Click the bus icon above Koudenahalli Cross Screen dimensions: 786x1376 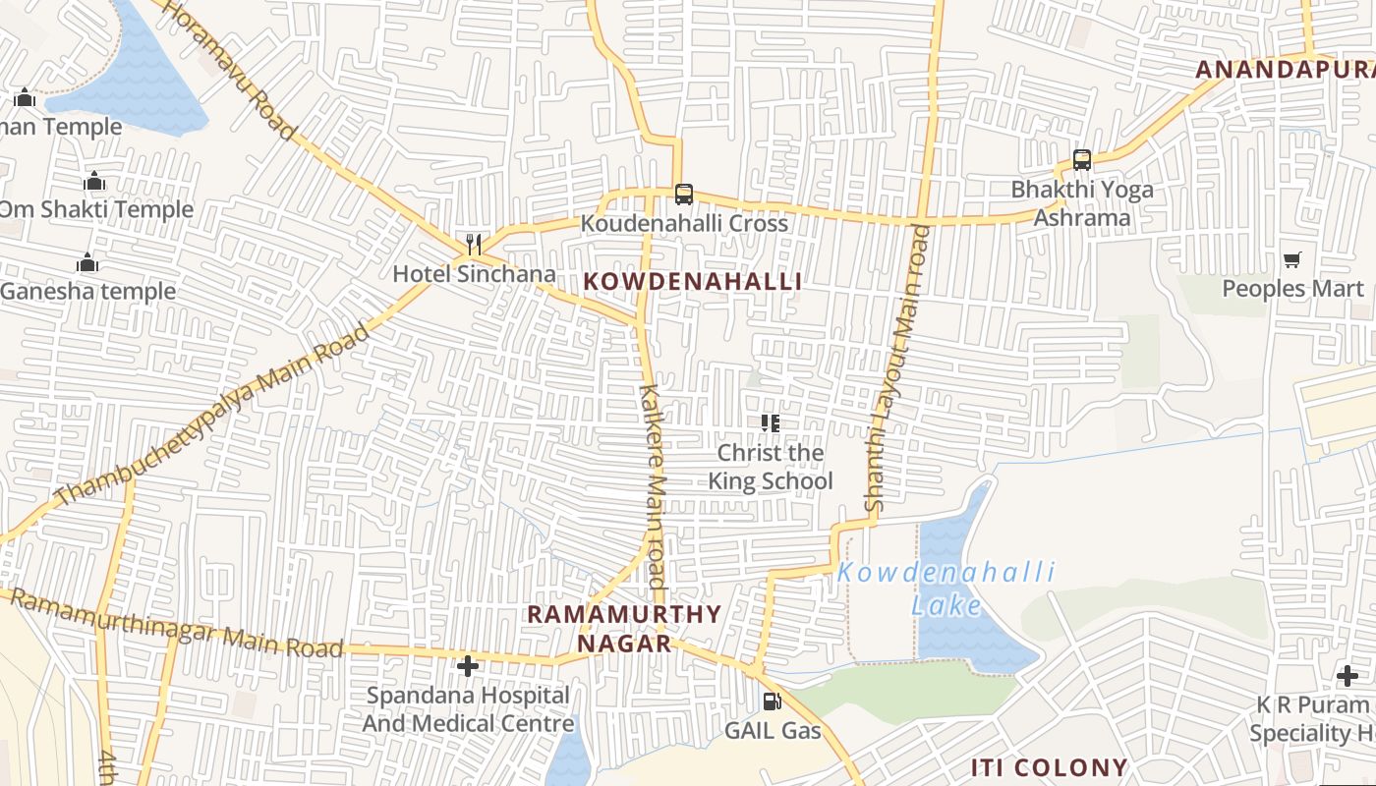[x=683, y=195]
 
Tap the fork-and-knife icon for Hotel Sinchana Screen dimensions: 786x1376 [x=474, y=245]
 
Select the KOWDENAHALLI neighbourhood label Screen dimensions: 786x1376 [x=693, y=282]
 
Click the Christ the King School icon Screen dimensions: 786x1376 [x=771, y=423]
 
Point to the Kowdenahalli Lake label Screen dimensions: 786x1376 [x=946, y=588]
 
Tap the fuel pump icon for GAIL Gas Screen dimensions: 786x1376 [x=773, y=702]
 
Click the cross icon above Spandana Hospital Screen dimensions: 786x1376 [x=468, y=666]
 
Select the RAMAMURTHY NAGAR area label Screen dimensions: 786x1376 [x=624, y=629]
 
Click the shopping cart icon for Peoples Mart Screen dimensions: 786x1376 [x=1292, y=260]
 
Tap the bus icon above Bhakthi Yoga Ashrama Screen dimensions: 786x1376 [x=1082, y=159]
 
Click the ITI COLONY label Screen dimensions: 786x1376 [x=1050, y=767]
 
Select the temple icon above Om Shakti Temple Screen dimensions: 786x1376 [x=94, y=182]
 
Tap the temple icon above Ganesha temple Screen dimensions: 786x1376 [x=87, y=263]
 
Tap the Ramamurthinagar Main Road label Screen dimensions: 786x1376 [x=177, y=622]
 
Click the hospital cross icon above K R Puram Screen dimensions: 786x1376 [x=1347, y=676]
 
